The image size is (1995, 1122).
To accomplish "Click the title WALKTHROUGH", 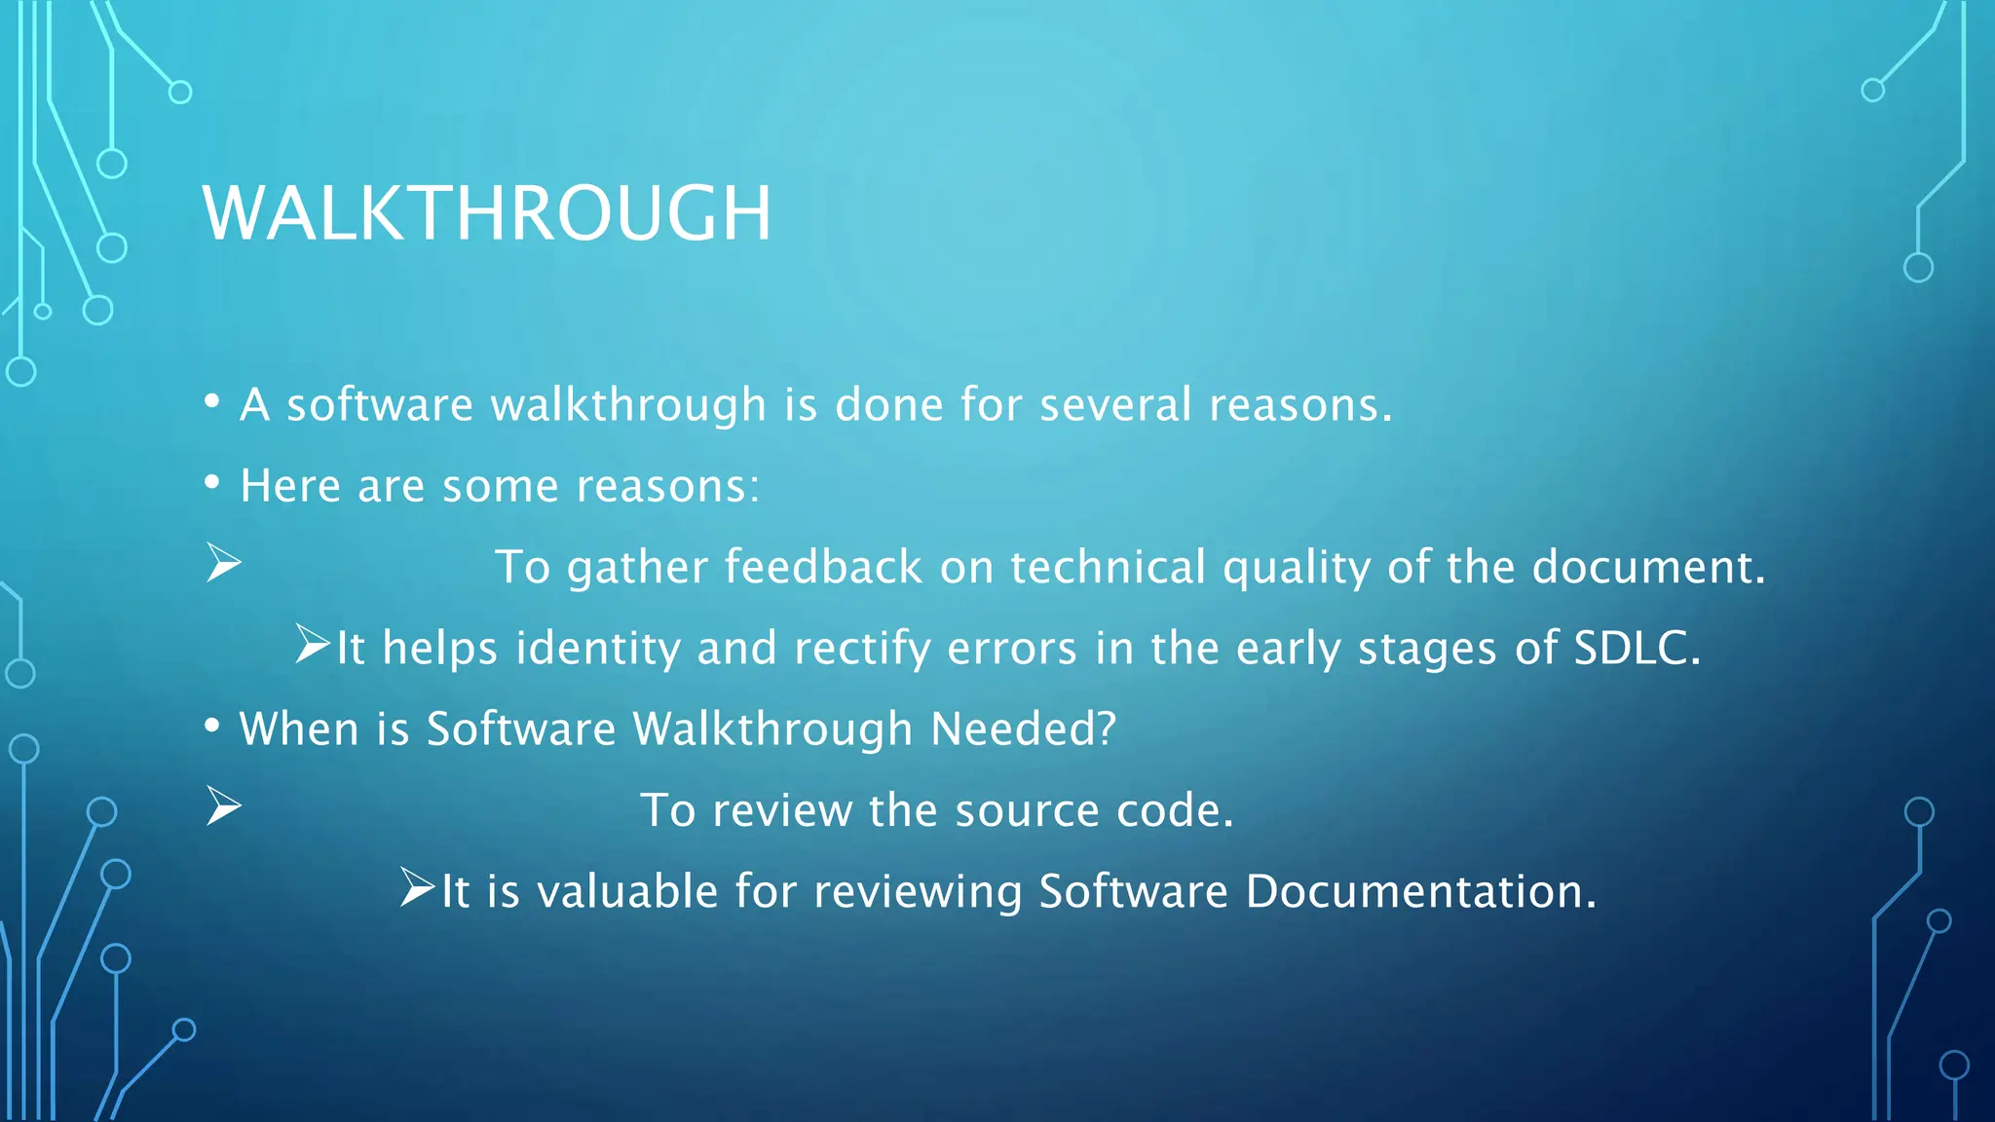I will [487, 213].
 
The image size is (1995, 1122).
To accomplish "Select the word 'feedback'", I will [823, 567].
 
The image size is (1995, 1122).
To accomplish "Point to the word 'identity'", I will [597, 648].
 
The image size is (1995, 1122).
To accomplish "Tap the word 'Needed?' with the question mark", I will [1023, 729].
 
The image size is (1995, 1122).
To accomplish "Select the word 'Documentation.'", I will [1421, 891].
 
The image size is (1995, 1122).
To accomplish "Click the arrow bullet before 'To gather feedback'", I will [224, 564].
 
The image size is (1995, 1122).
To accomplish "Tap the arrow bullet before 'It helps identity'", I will [314, 645].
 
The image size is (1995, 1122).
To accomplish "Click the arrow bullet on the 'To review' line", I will [224, 807].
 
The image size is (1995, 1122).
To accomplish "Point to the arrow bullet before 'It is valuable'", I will [418, 887].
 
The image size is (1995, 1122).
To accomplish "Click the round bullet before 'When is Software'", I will [212, 726].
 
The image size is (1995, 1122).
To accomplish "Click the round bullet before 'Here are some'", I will [212, 482].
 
